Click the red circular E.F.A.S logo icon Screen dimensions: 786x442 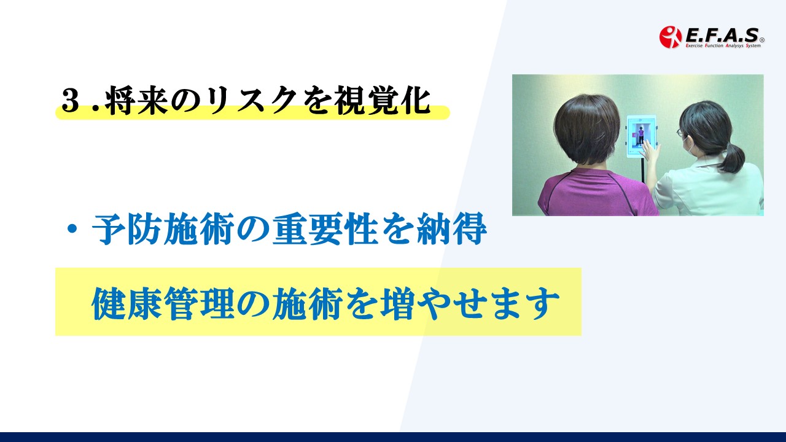(670, 37)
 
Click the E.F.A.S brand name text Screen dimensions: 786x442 (722, 35)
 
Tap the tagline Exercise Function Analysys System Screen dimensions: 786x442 (723, 45)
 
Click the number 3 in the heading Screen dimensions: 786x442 (69, 100)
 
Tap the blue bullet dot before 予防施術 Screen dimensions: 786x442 (72, 229)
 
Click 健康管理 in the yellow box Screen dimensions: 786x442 (163, 303)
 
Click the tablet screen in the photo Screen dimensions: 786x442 (641, 135)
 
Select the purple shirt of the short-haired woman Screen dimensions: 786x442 (597, 192)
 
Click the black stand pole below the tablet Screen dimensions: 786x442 (643, 169)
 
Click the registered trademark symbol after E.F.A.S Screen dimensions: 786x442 (762, 41)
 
